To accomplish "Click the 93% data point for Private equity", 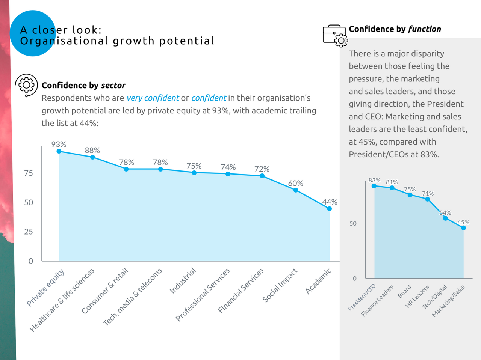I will pos(59,151).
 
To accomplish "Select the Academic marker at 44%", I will pos(330,209).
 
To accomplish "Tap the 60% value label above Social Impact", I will pos(295,183).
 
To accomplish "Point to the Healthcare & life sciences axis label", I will pos(62,300).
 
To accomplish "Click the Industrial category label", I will pos(183,281).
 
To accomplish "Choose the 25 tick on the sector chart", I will pos(29,232).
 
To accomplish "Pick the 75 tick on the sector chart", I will pos(29,173).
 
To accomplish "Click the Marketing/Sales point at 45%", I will pos(463,228).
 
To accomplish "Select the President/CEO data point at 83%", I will pos(374,186).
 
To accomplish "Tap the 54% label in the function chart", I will pos(445,213).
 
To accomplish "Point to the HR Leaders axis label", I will pos(417,297).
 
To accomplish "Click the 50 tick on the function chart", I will pos(353,223).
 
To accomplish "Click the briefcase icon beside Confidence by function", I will pos(334,36).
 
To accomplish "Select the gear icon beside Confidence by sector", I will pos(26,85).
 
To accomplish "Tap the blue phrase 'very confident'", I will pos(153,98).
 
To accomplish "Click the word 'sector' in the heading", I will pos(113,85).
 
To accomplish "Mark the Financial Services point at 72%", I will pos(262,176).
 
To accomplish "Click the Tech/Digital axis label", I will pos(435,297).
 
